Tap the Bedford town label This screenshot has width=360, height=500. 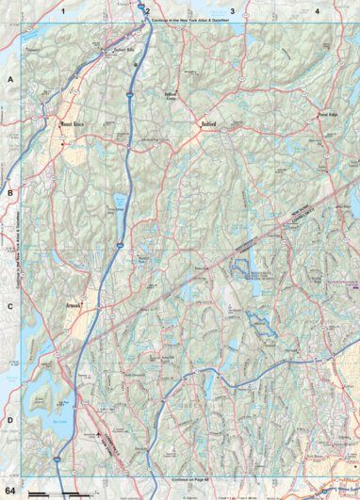tap(208, 123)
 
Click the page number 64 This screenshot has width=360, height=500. tap(10, 492)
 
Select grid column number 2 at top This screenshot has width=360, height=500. tap(147, 10)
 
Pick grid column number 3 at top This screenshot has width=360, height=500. tap(233, 10)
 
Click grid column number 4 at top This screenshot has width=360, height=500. tap(318, 10)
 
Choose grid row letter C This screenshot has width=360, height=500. tap(10, 307)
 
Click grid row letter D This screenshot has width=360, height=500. tap(10, 420)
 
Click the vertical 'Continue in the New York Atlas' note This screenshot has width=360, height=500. tap(20, 250)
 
